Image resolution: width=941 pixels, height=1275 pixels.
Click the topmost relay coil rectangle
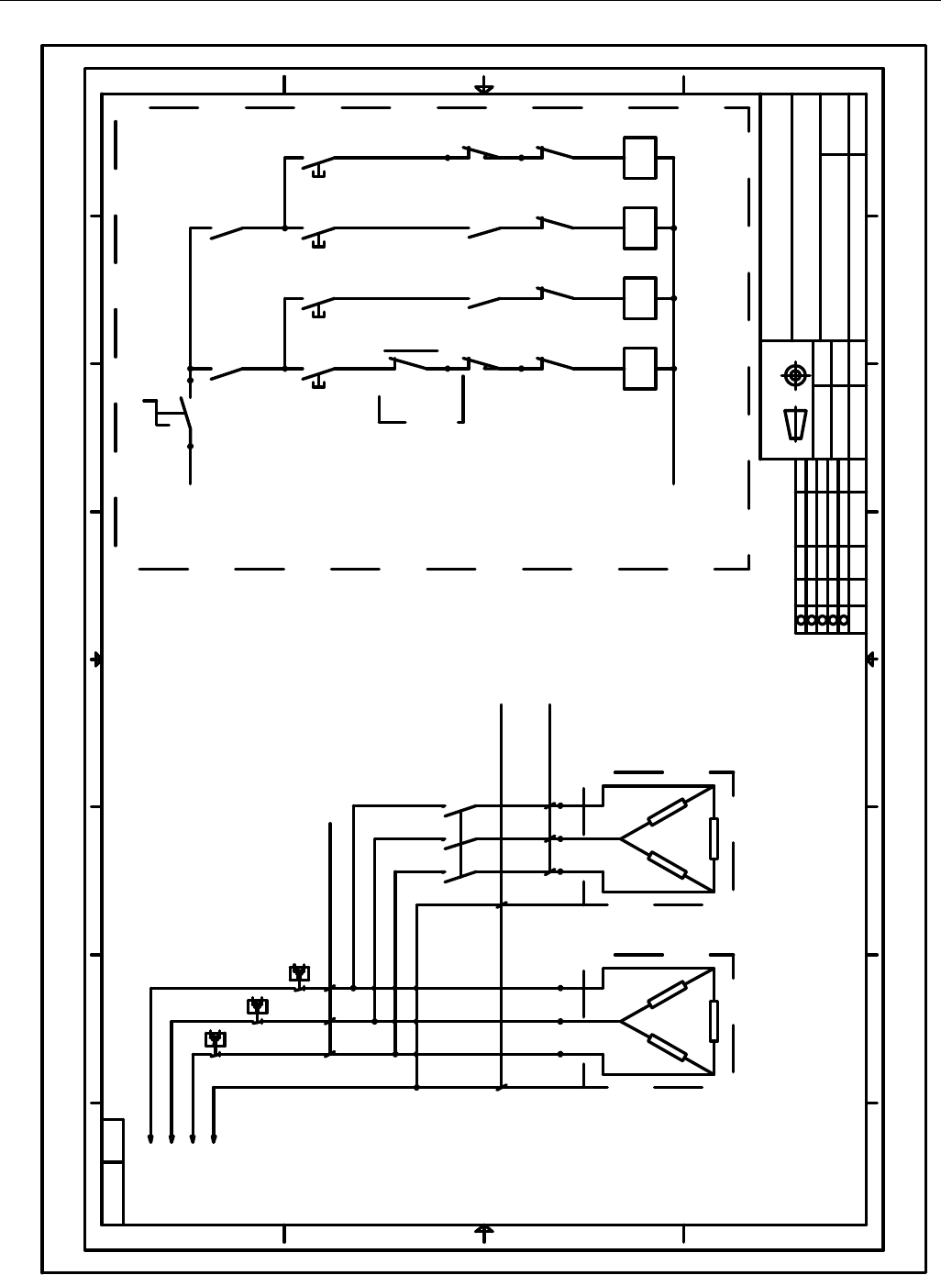coord(639,158)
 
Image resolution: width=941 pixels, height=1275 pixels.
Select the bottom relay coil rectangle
coord(639,368)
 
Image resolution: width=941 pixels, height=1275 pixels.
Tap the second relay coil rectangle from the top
coord(639,227)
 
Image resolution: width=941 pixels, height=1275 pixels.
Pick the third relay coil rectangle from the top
coord(639,298)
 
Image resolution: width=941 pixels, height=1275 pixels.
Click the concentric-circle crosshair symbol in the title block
coord(795,375)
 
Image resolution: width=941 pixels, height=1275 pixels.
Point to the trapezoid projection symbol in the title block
coord(795,425)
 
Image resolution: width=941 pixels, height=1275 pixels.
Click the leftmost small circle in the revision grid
coord(802,621)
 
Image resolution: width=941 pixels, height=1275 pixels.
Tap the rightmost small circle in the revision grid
coord(844,621)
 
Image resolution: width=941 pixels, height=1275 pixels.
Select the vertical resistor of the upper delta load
coord(714,838)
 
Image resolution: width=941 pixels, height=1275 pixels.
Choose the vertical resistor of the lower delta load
coord(714,1021)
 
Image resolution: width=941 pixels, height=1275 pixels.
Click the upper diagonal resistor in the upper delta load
coord(667,813)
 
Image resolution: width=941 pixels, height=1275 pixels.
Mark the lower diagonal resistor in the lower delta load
coord(667,1047)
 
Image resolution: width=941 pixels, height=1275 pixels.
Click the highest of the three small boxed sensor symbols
coord(299,973)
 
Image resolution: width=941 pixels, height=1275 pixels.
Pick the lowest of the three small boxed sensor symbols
coord(216,1039)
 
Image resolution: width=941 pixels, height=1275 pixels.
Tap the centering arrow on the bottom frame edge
coord(484,1230)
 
